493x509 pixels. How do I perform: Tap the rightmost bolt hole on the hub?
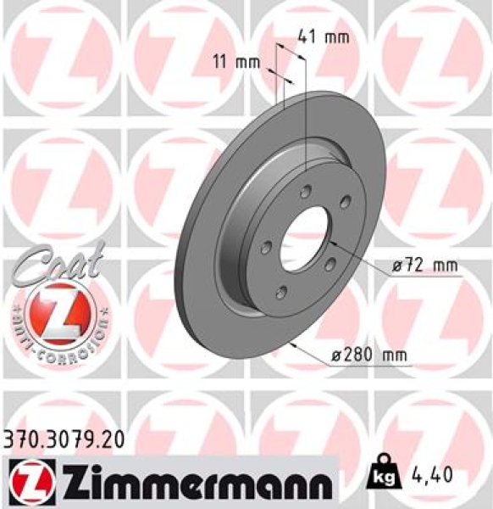pyautogui.click(x=345, y=201)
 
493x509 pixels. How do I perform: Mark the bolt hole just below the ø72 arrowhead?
pyautogui.click(x=330, y=264)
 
